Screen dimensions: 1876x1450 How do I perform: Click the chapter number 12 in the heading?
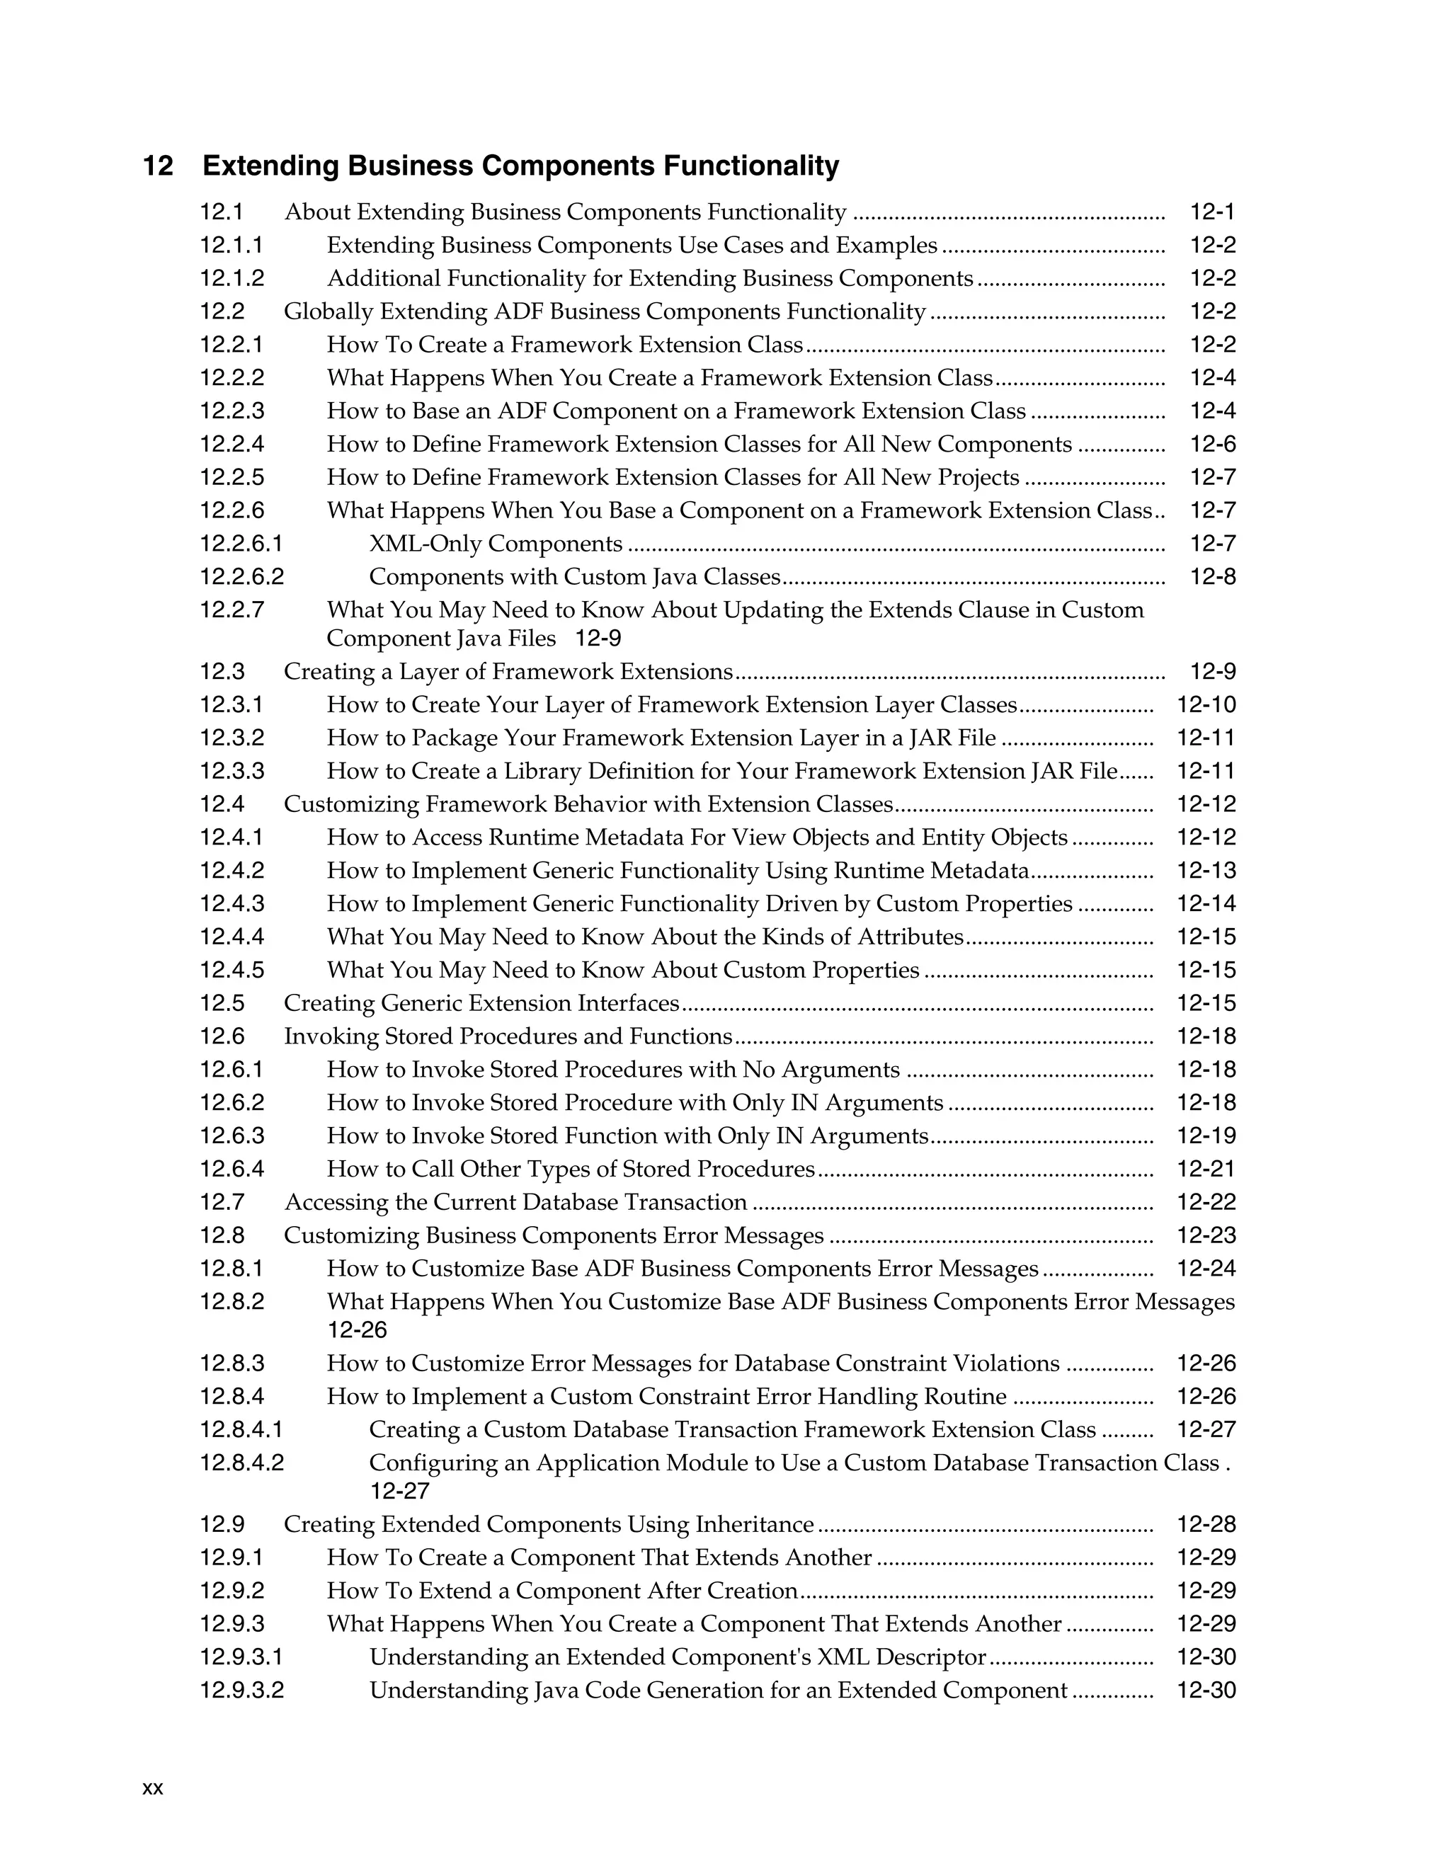(158, 166)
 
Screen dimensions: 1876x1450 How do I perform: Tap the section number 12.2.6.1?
(241, 544)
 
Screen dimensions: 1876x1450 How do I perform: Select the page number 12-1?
(1212, 212)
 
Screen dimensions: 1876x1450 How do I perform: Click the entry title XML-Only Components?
(496, 544)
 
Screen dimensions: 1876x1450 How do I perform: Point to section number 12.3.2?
(232, 738)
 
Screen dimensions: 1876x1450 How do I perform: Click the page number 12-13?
(1206, 871)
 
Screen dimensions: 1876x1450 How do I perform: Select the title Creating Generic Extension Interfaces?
(482, 1003)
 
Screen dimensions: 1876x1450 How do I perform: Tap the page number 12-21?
(1206, 1169)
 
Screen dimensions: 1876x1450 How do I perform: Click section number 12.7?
(222, 1203)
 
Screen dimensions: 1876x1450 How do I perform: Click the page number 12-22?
(1206, 1203)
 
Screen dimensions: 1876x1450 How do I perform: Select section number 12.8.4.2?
(241, 1463)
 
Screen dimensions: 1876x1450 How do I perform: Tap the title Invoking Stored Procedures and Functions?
(508, 1037)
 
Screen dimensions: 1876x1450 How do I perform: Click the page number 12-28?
(1206, 1525)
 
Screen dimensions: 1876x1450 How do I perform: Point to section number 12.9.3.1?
(241, 1657)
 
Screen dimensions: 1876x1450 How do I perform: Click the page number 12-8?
(1212, 577)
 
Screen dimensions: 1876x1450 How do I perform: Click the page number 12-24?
(1206, 1269)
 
